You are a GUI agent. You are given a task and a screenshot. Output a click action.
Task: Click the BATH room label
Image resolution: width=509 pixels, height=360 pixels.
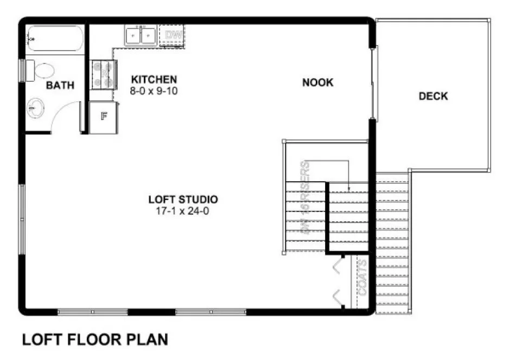60,85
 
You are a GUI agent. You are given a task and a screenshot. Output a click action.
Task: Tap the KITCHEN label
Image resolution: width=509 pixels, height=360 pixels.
154,79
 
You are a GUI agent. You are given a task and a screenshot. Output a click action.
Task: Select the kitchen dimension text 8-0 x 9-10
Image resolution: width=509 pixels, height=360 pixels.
154,91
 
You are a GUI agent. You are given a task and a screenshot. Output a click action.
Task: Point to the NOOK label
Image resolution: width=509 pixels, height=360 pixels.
318,82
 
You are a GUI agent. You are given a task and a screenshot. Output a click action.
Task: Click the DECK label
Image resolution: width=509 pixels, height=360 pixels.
433,97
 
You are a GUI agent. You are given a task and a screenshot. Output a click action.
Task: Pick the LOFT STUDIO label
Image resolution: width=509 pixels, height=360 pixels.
183,199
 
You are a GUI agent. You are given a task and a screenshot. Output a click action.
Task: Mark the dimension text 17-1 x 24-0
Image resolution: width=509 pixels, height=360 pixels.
183,211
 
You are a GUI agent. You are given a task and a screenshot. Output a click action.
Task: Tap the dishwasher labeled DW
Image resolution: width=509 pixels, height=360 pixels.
173,35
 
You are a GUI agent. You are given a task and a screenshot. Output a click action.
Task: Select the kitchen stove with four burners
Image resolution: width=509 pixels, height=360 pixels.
104,75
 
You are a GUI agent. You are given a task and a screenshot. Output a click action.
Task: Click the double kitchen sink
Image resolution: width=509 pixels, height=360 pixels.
140,35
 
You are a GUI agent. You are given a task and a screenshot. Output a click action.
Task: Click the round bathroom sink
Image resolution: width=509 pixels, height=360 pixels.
36,106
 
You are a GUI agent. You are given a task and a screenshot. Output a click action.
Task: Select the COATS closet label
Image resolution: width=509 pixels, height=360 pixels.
362,278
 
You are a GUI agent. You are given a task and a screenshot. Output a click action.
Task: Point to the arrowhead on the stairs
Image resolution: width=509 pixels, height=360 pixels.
349,189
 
